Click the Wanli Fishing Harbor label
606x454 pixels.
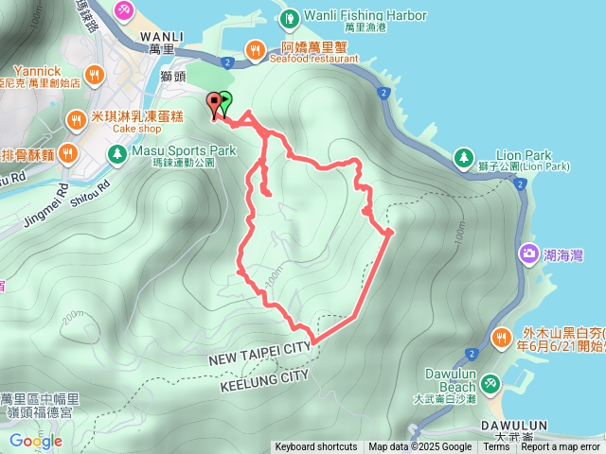(365, 16)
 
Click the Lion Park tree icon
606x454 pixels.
(464, 156)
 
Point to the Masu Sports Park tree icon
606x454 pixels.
(116, 151)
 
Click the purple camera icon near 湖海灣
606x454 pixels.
(527, 253)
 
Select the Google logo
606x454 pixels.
(35, 441)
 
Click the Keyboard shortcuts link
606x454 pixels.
(316, 447)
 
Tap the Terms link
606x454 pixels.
(496, 447)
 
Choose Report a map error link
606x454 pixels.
(561, 447)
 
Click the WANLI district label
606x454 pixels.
(162, 36)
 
